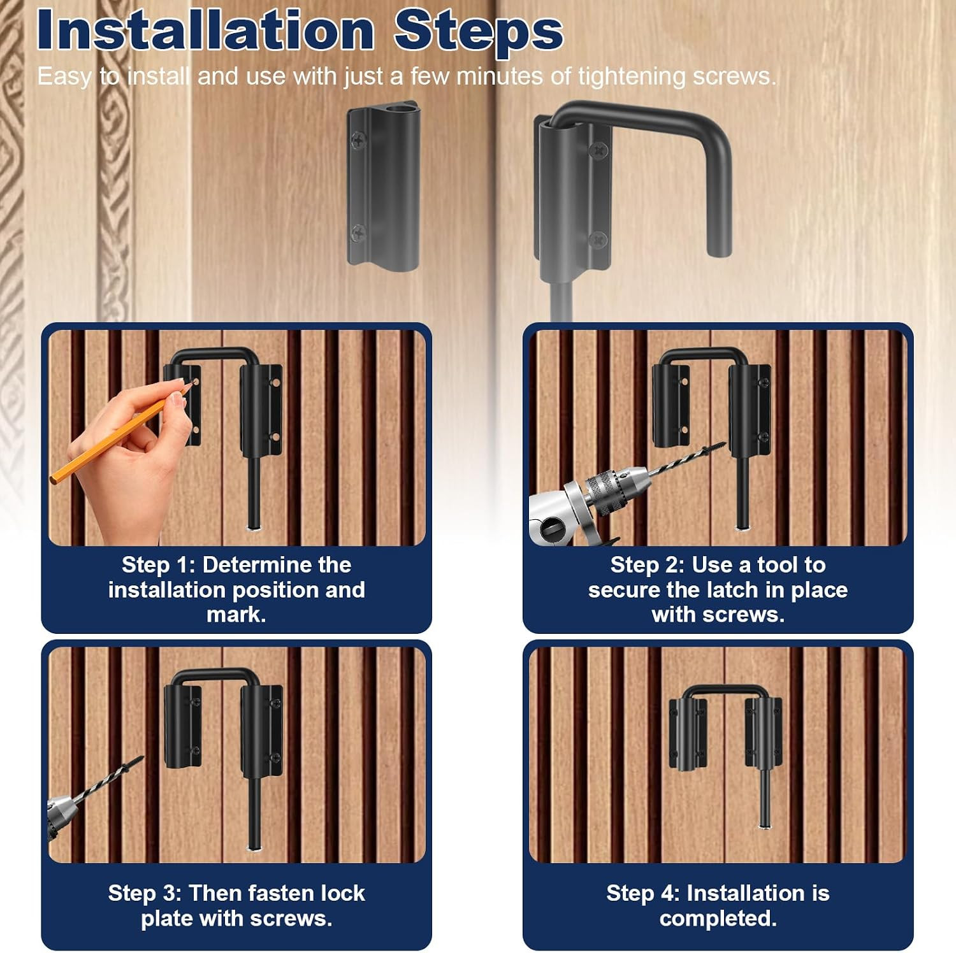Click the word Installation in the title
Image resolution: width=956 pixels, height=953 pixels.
206,30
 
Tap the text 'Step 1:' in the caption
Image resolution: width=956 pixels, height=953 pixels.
159,564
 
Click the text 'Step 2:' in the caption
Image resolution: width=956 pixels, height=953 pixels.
648,564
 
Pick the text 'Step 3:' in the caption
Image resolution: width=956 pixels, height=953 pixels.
145,893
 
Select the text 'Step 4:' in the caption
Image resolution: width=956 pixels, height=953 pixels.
644,893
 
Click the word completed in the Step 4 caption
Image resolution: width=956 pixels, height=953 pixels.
718,919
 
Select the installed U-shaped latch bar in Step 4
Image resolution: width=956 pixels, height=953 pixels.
725,689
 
